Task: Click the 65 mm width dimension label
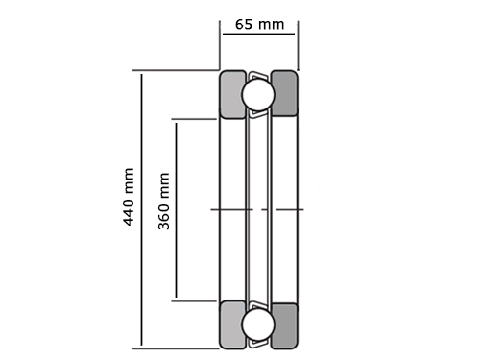[x=259, y=25]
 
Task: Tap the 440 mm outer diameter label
[x=129, y=197]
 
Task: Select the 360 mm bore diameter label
[x=164, y=201]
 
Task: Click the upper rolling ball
[x=258, y=95]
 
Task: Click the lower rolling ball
[x=258, y=324]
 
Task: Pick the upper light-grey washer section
[x=232, y=95]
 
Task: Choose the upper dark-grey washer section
[x=284, y=93]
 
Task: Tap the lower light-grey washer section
[x=232, y=324]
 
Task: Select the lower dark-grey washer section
[x=284, y=325]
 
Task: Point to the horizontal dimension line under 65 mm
[x=258, y=34]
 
